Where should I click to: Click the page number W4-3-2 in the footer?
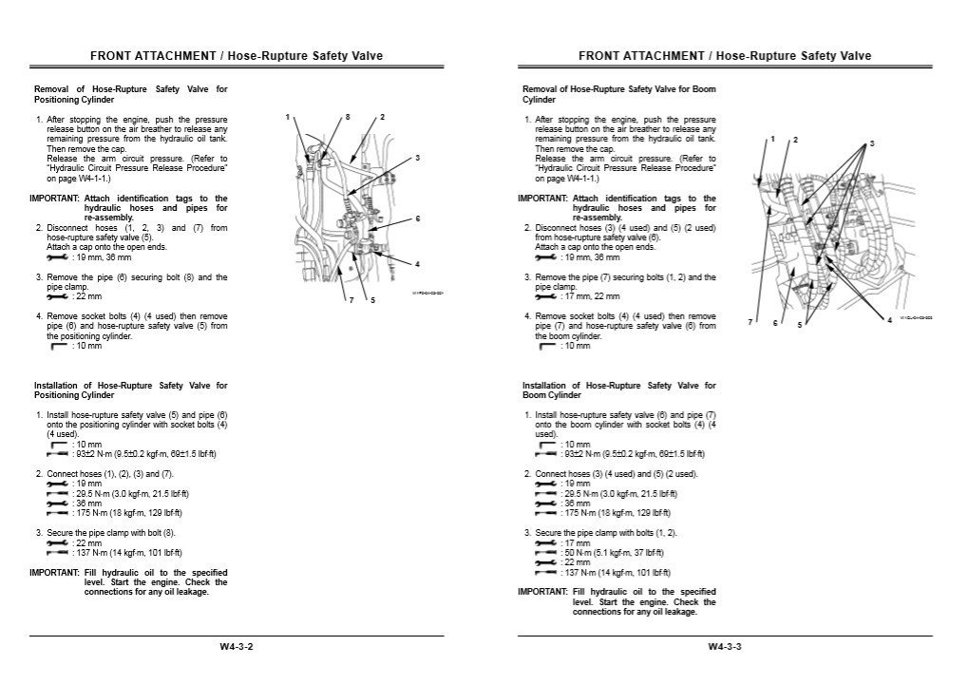[x=237, y=647]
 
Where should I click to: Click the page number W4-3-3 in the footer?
[x=725, y=647]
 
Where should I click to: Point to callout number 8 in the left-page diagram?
[x=348, y=117]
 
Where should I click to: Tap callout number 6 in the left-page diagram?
[x=417, y=218]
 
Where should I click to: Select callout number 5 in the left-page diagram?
[x=372, y=300]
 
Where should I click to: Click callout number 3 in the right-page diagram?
[x=871, y=143]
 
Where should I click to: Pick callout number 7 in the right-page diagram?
[x=750, y=322]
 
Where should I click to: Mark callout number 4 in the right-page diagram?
[x=889, y=320]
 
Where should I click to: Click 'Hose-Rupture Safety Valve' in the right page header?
[x=793, y=56]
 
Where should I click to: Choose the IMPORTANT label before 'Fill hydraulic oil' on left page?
[x=54, y=572]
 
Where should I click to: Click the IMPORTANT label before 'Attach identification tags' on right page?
[x=542, y=198]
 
